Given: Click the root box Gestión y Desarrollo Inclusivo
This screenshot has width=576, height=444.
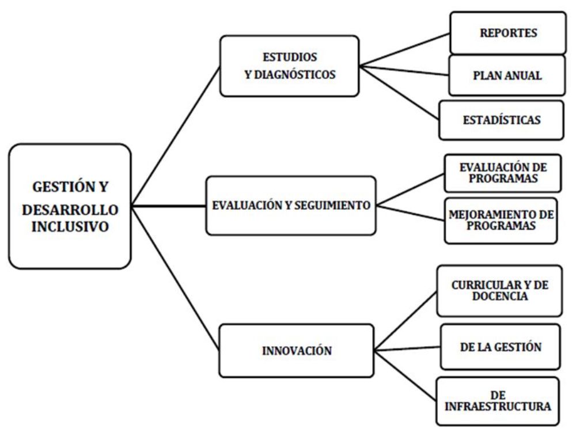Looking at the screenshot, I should point(70,206).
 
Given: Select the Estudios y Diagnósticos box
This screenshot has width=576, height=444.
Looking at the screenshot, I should point(289,66).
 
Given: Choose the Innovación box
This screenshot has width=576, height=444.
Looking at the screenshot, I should point(297,350).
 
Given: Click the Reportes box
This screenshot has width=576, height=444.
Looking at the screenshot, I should point(507,33).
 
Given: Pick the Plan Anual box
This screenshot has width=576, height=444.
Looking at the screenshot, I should point(507,75).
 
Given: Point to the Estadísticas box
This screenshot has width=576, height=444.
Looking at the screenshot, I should point(501,120).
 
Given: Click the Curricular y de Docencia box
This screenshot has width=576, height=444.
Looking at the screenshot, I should point(499,290).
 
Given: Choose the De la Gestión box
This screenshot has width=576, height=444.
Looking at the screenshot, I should point(499,347).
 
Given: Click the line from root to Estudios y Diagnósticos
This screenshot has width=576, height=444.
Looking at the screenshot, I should point(176,136).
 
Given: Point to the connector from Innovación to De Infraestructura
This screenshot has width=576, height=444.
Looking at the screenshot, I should point(406,374).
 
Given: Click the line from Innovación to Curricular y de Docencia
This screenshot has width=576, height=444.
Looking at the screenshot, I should point(406,321).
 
